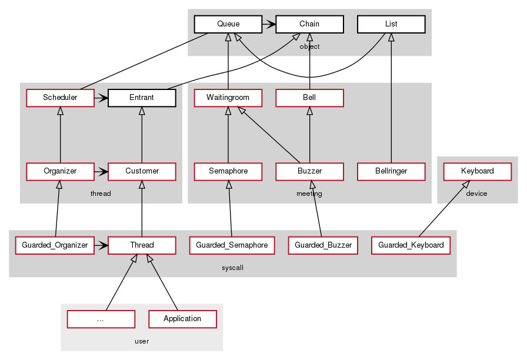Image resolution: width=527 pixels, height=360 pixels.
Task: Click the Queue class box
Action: pos(228,24)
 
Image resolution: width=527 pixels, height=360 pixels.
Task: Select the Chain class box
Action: pos(309,24)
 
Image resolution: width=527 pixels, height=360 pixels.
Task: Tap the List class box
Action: pos(391,24)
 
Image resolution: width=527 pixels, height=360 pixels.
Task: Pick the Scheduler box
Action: pos(60,98)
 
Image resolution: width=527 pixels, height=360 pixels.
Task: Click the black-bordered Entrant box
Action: pos(142,98)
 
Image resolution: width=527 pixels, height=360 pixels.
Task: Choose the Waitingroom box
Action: pos(228,98)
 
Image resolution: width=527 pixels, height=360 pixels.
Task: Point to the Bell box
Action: pos(309,98)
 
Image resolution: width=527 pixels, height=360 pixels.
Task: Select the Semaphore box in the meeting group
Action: pos(228,171)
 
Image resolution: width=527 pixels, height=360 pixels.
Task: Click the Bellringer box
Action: pos(391,171)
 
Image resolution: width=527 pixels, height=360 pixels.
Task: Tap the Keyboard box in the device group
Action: pos(477,171)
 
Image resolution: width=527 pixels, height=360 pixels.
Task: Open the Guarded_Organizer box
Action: pos(55,245)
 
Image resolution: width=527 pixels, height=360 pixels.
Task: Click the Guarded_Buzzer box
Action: pos(323,245)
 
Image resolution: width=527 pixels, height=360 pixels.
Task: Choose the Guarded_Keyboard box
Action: pos(411,245)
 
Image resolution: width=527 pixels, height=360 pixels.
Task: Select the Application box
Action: pos(182,319)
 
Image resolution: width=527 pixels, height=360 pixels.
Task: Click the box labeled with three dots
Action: pos(101,319)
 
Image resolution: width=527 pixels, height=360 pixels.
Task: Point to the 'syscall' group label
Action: pos(232,268)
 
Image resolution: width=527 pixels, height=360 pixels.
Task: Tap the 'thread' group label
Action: pos(101,194)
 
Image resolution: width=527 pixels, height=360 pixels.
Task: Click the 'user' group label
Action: pos(142,341)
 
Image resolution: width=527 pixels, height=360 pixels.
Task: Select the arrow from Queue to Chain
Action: pos(268,24)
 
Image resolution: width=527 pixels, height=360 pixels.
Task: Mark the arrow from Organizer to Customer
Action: pos(101,171)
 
